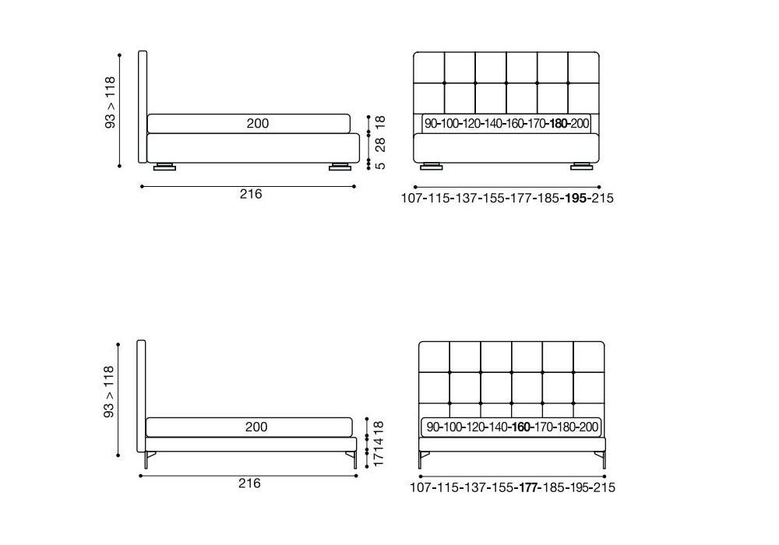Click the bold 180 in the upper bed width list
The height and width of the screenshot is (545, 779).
click(559, 124)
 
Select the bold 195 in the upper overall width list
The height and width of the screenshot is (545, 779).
click(576, 198)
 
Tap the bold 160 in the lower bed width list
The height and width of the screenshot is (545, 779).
click(521, 427)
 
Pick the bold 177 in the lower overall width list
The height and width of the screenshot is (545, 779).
click(529, 487)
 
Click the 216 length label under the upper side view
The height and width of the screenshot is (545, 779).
click(251, 194)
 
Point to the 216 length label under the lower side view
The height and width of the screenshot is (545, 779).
click(249, 483)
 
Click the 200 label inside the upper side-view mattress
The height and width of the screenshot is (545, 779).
click(257, 123)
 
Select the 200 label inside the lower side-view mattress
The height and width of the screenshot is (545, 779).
click(256, 427)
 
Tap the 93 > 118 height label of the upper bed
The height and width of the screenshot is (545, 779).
click(110, 103)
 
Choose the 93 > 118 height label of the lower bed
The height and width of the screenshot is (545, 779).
click(109, 392)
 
